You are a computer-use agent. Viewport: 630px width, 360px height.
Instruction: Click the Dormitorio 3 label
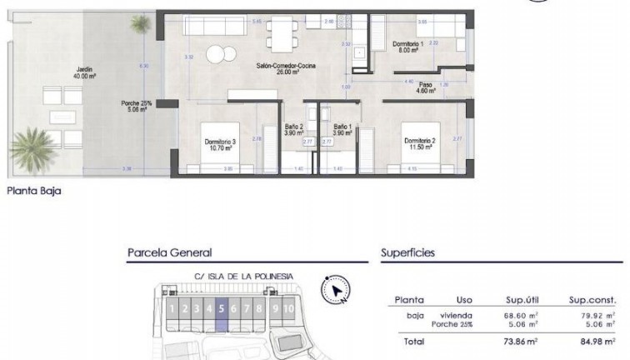pyautogui.click(x=220, y=145)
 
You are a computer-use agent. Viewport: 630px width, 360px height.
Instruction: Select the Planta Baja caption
pyautogui.click(x=33, y=190)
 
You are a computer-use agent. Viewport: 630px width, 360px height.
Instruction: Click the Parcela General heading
pyautogui.click(x=169, y=252)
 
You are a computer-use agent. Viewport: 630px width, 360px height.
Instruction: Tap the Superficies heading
pyautogui.click(x=408, y=252)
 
